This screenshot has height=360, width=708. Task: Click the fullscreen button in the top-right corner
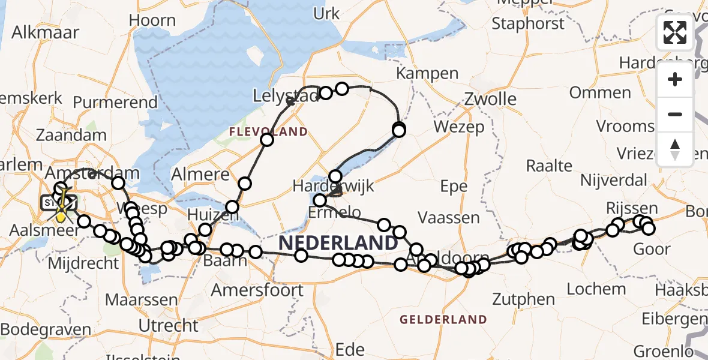pos(675,32)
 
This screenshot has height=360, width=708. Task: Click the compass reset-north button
pos(675,149)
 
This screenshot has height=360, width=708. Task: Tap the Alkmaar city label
pos(45,32)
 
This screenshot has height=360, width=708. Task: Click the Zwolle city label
pos(490,98)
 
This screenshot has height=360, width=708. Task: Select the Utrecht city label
pos(168,326)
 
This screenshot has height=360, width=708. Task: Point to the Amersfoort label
pos(257,290)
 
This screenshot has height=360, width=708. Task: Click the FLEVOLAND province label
pos(268,131)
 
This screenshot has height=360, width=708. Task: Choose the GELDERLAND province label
pos(443,319)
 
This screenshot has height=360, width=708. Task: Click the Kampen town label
pos(428,74)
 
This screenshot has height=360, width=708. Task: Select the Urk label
pos(326,13)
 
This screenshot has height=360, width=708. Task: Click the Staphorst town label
pos(528,23)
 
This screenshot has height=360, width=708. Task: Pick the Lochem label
pos(587,288)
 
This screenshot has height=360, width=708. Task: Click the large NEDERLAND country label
pos(338,243)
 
